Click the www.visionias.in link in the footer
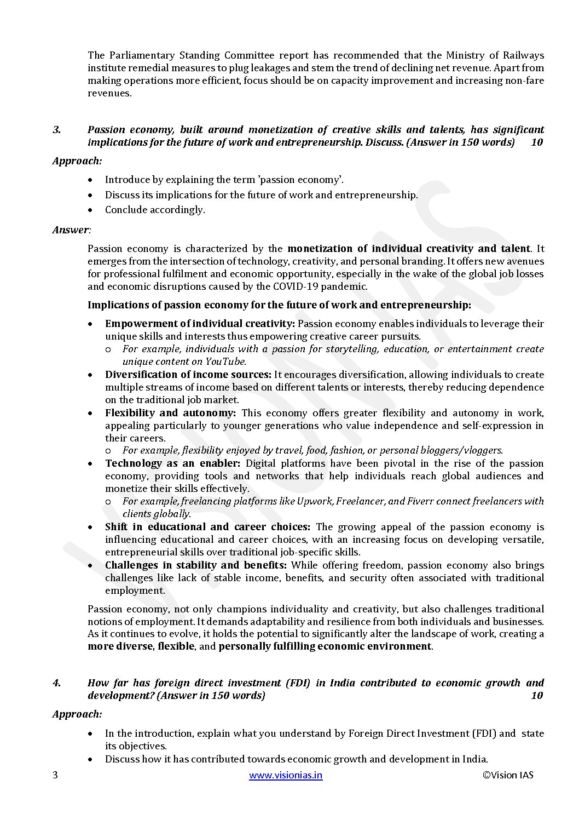[286, 775]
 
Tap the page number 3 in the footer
[55, 775]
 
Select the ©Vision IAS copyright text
[508, 775]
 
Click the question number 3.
[56, 130]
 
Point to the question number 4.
[56, 683]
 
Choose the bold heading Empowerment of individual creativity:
[200, 324]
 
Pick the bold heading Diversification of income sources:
[188, 375]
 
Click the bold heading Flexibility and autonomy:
[170, 413]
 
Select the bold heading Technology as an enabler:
[172, 463]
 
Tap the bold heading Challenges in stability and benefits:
[196, 565]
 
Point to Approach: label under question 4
[77, 714]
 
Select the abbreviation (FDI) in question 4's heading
[298, 683]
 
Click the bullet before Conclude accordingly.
[91, 210]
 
